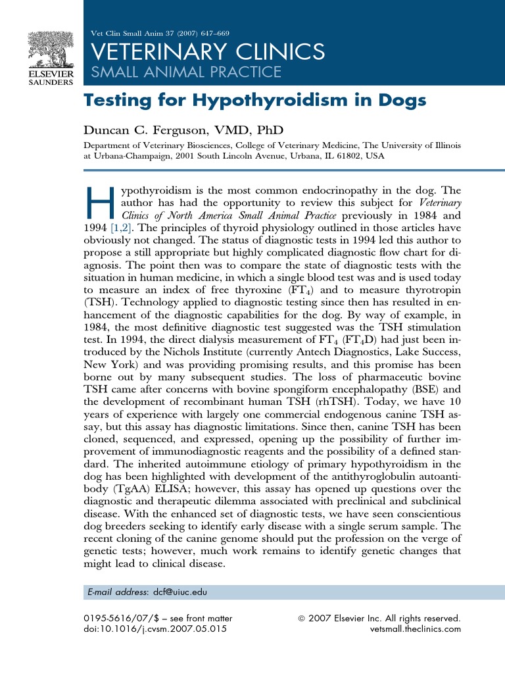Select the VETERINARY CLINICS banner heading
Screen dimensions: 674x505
206,51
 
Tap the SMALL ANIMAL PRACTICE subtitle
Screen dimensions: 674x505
185,72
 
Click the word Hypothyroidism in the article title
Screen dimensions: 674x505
241,101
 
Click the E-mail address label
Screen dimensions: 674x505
118,592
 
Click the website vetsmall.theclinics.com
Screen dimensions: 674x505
416,629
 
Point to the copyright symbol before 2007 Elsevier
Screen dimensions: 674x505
302,619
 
